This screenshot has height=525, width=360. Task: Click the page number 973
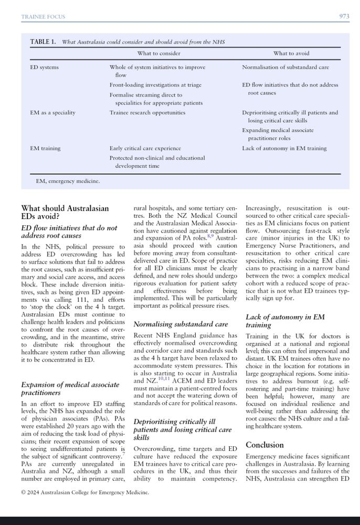coord(344,17)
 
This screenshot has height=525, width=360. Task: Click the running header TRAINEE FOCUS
coord(43,17)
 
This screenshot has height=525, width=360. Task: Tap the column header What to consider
coord(158,54)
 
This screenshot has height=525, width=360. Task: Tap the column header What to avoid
coord(291,54)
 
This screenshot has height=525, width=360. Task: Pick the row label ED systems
coord(44,67)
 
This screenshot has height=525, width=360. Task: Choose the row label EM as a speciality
coord(52,112)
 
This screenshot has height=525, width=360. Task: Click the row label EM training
coord(45,148)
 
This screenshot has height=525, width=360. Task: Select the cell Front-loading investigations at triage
coord(155,85)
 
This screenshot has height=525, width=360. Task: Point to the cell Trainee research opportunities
coord(147,112)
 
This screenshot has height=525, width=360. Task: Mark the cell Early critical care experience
coord(145,148)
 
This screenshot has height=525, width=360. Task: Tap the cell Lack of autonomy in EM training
coord(284,148)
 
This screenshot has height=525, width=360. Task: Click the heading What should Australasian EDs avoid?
coord(65,212)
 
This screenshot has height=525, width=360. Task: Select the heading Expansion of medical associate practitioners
coord(70,388)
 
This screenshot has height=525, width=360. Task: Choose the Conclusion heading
coord(264,445)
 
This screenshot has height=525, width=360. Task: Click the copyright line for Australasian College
coord(85,492)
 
